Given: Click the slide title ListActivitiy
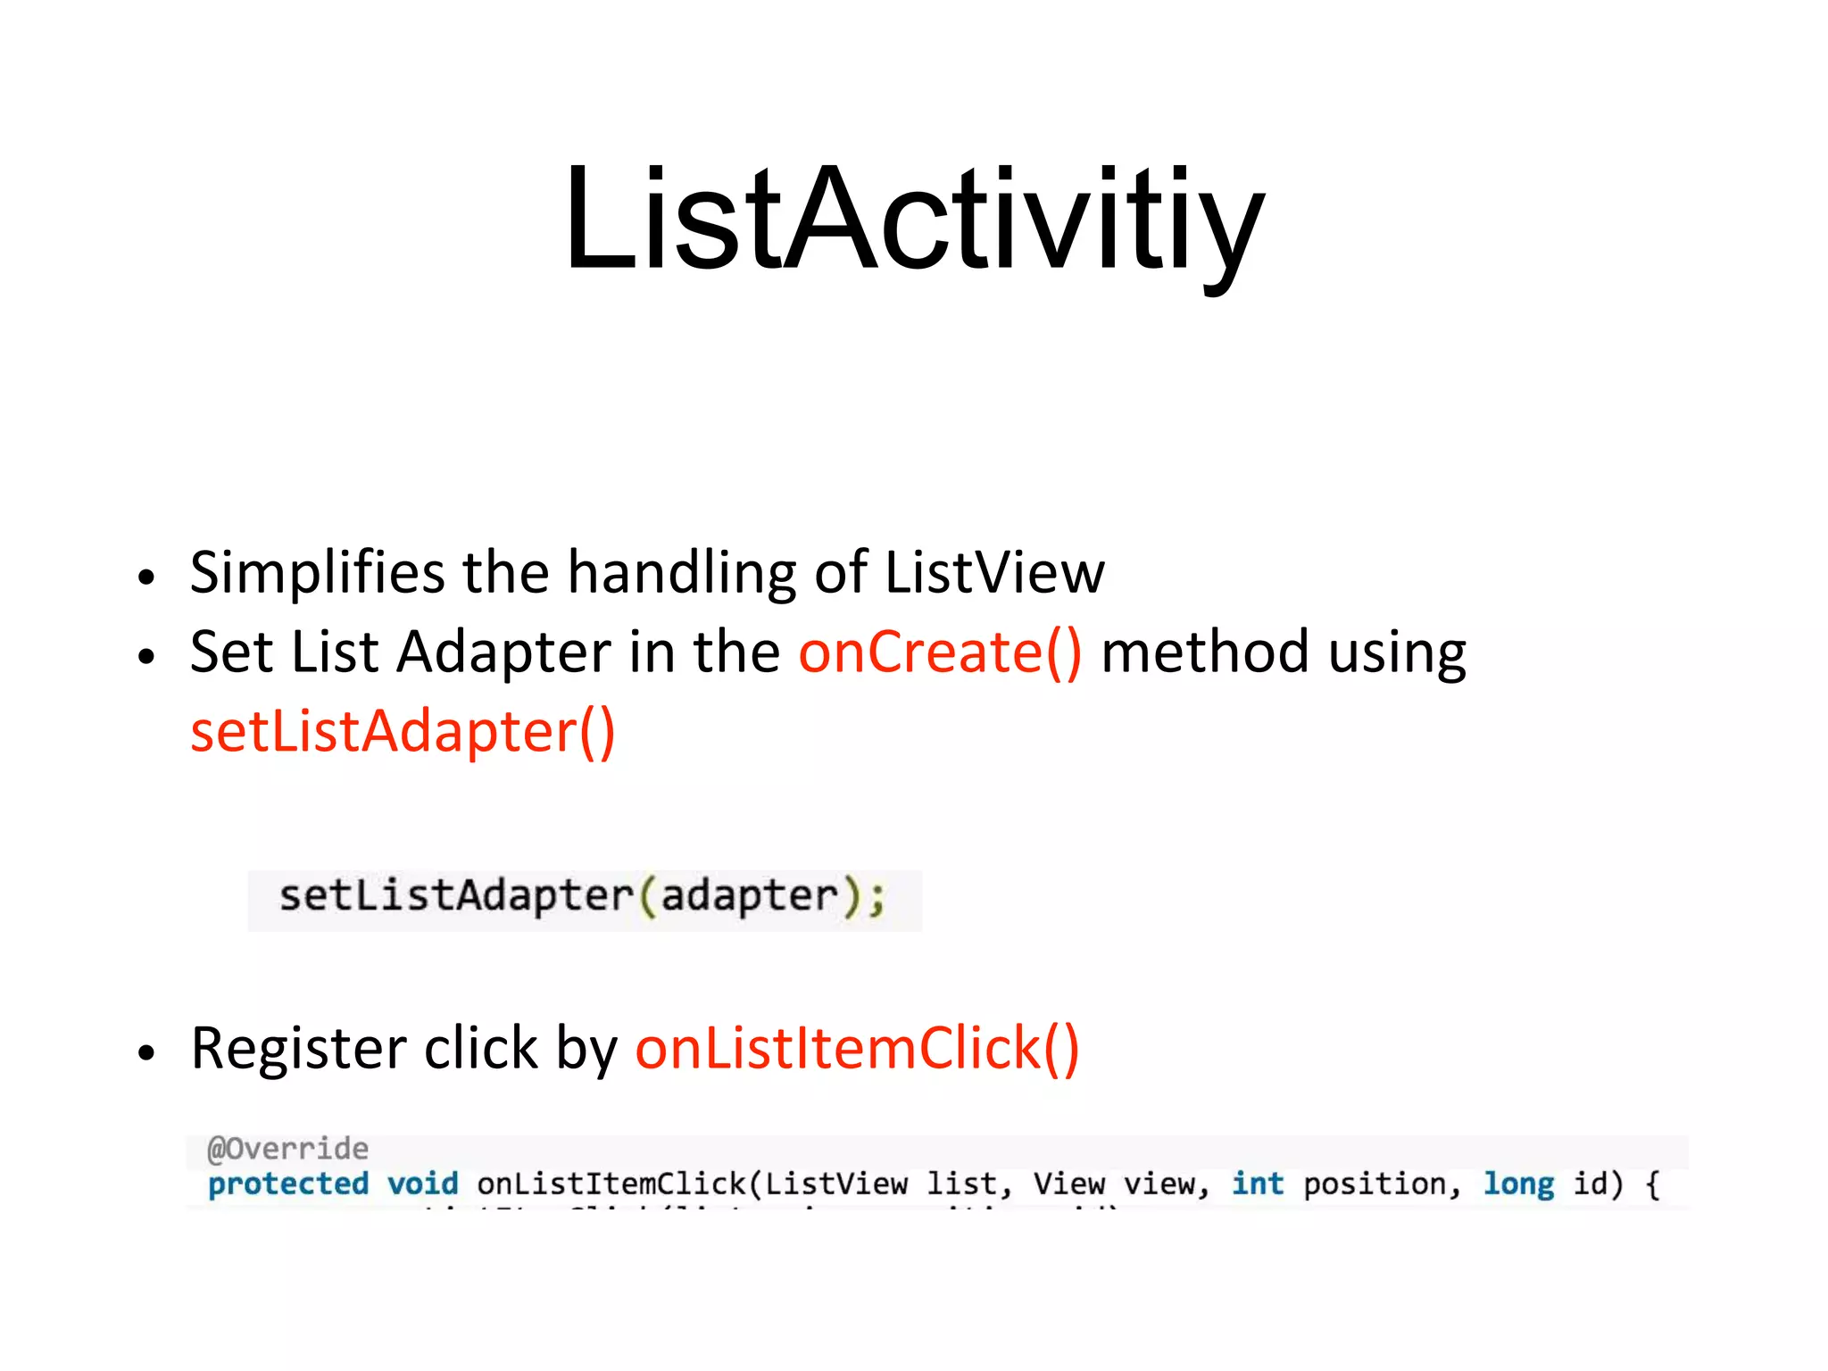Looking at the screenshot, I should point(914,219).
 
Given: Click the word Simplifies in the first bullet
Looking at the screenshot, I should point(317,572).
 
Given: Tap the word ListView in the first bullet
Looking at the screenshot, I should point(994,572).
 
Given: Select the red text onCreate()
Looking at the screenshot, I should point(940,652).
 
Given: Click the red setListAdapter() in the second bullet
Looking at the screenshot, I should point(403,732).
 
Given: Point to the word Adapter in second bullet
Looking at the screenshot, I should point(503,652).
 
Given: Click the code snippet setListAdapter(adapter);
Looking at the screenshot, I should point(583,897).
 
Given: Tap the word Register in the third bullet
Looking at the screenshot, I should point(298,1049).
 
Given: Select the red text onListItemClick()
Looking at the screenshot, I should point(857,1049).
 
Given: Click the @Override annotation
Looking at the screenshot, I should point(287,1149).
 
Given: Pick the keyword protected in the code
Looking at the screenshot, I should point(287,1184).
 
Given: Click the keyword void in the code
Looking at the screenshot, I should point(422,1184).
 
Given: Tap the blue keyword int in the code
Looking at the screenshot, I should point(1257,1184).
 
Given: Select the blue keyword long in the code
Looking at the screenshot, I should point(1517,1184).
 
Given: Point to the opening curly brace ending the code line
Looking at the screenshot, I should point(1652,1185).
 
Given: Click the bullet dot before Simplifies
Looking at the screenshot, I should point(146,577).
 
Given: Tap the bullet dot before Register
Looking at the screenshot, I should point(146,1053).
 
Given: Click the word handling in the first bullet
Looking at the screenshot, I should point(682,572).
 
